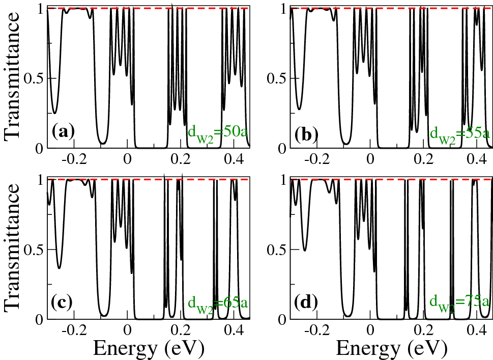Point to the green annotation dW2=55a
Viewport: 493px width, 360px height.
pos(460,134)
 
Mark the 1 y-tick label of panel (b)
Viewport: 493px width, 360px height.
pos(282,9)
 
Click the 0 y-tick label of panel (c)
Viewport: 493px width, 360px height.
pos(39,319)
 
